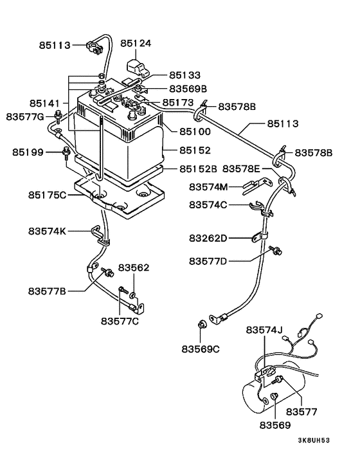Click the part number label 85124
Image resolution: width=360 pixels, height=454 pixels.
tap(136, 44)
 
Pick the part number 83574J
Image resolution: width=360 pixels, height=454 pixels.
tap(264, 330)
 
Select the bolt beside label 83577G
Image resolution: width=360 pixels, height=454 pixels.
tap(59, 116)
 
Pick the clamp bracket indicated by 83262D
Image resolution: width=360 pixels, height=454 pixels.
tap(259, 237)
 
